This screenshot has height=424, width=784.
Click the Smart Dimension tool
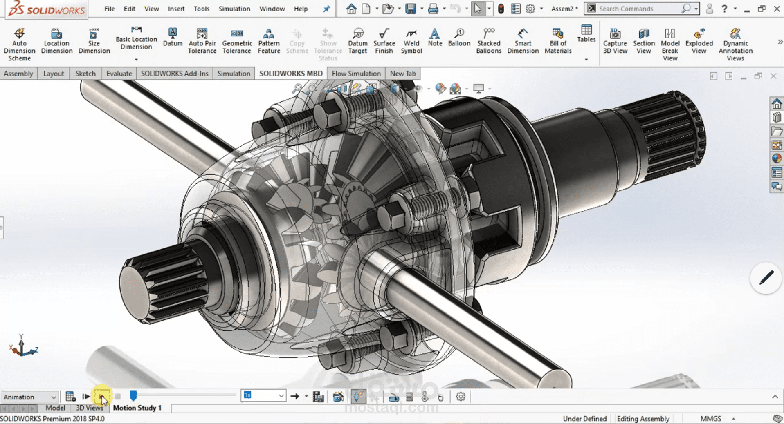[523, 41]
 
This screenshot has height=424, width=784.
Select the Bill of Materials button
[558, 41]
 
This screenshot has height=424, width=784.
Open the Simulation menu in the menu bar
[234, 9]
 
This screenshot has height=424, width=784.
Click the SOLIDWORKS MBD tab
[291, 74]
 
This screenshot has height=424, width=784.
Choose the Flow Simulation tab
[356, 74]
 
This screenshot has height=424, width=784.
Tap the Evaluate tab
[119, 74]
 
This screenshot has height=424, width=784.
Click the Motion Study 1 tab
[137, 408]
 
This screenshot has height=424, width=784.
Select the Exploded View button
[699, 41]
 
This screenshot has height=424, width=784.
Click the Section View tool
[644, 41]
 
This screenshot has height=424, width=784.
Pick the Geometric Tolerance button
[237, 41]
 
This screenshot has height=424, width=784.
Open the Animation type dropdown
[30, 397]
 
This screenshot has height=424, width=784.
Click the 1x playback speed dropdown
[263, 395]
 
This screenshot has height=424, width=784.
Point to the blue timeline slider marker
[133, 395]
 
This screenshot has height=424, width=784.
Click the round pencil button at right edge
[766, 278]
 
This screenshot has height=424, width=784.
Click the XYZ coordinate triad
[22, 346]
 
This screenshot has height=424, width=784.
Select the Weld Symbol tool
[411, 41]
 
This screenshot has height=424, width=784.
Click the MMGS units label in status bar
[710, 419]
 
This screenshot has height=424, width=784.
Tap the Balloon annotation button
[459, 37]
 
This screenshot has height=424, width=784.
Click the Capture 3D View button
[615, 41]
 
